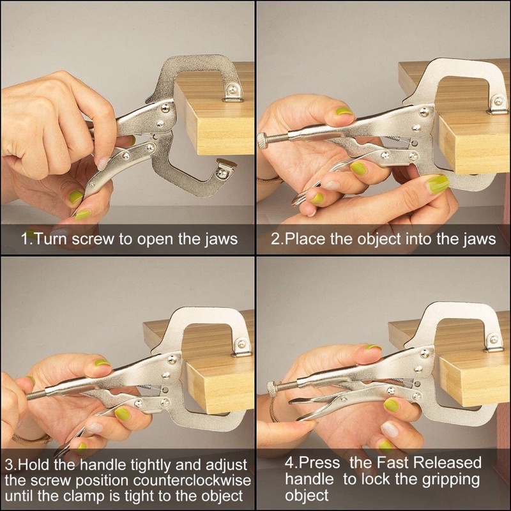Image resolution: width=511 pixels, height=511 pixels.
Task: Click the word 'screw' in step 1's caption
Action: pyautogui.click(x=92, y=240)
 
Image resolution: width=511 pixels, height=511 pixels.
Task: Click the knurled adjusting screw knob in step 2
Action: pyautogui.click(x=262, y=140)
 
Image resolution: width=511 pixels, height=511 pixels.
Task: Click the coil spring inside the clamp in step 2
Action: pyautogui.click(x=394, y=139)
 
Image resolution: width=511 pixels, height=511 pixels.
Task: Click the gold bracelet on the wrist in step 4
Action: pyautogui.click(x=274, y=408)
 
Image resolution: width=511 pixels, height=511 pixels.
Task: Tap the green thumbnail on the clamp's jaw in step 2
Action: pyautogui.click(x=437, y=184)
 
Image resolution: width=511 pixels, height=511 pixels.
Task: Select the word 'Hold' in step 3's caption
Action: pyautogui.click(x=36, y=465)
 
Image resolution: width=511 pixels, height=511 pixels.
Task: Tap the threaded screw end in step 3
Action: pyautogui.click(x=35, y=395)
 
